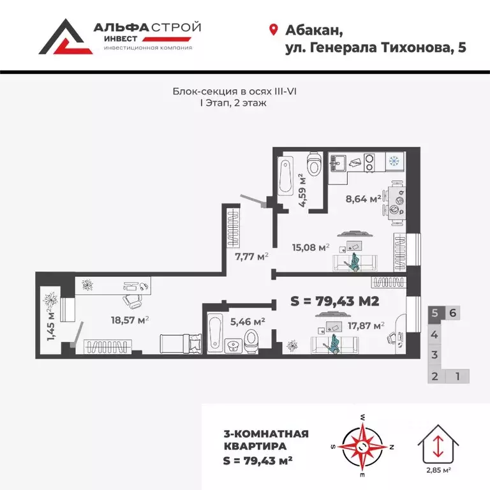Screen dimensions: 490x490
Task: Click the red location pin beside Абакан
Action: tap(274, 29)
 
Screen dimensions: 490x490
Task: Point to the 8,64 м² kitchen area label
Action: tap(364, 198)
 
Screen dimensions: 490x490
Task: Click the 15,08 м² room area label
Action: tap(309, 248)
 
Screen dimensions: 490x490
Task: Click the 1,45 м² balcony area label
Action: tap(50, 323)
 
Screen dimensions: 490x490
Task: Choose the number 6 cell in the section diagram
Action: tap(452, 313)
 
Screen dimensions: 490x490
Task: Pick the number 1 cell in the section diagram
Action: tap(457, 376)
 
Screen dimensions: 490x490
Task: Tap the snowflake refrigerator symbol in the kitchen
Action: tap(393, 160)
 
